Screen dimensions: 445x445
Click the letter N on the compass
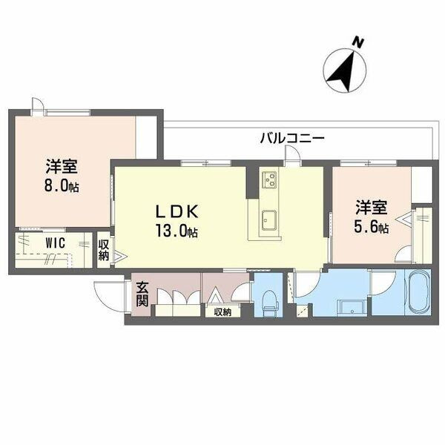pyautogui.click(x=357, y=42)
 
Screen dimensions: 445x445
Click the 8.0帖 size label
pyautogui.click(x=62, y=185)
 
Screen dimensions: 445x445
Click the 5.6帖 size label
pyautogui.click(x=371, y=228)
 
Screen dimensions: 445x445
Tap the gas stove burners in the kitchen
pyautogui.click(x=268, y=179)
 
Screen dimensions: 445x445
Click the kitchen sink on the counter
pyautogui.click(x=268, y=220)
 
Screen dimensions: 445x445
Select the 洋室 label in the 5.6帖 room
pyautogui.click(x=369, y=208)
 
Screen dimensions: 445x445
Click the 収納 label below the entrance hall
pyautogui.click(x=222, y=312)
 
